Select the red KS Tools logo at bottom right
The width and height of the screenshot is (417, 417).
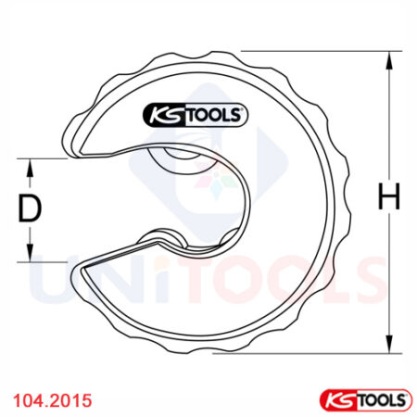pos(364,399)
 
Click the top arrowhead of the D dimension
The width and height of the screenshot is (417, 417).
pos(32,164)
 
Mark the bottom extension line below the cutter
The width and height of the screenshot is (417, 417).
pos(306,352)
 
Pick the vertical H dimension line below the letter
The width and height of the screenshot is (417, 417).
pos(387,278)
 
